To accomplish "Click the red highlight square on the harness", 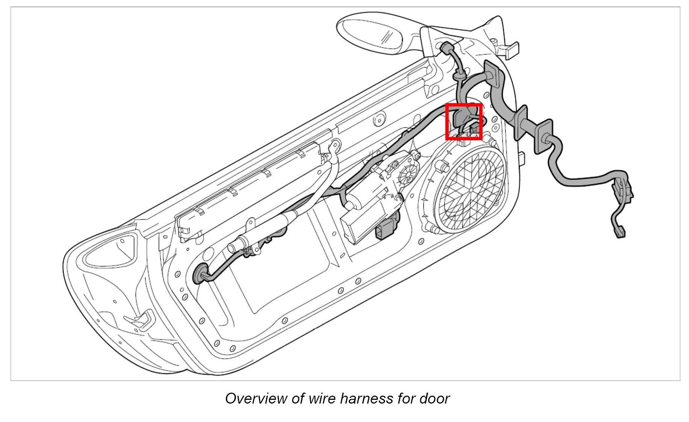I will [x=463, y=122].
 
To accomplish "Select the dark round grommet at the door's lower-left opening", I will [x=200, y=274].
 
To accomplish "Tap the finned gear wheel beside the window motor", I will [x=407, y=175].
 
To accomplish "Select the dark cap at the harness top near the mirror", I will [x=446, y=48].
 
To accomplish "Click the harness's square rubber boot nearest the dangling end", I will [x=543, y=136].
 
